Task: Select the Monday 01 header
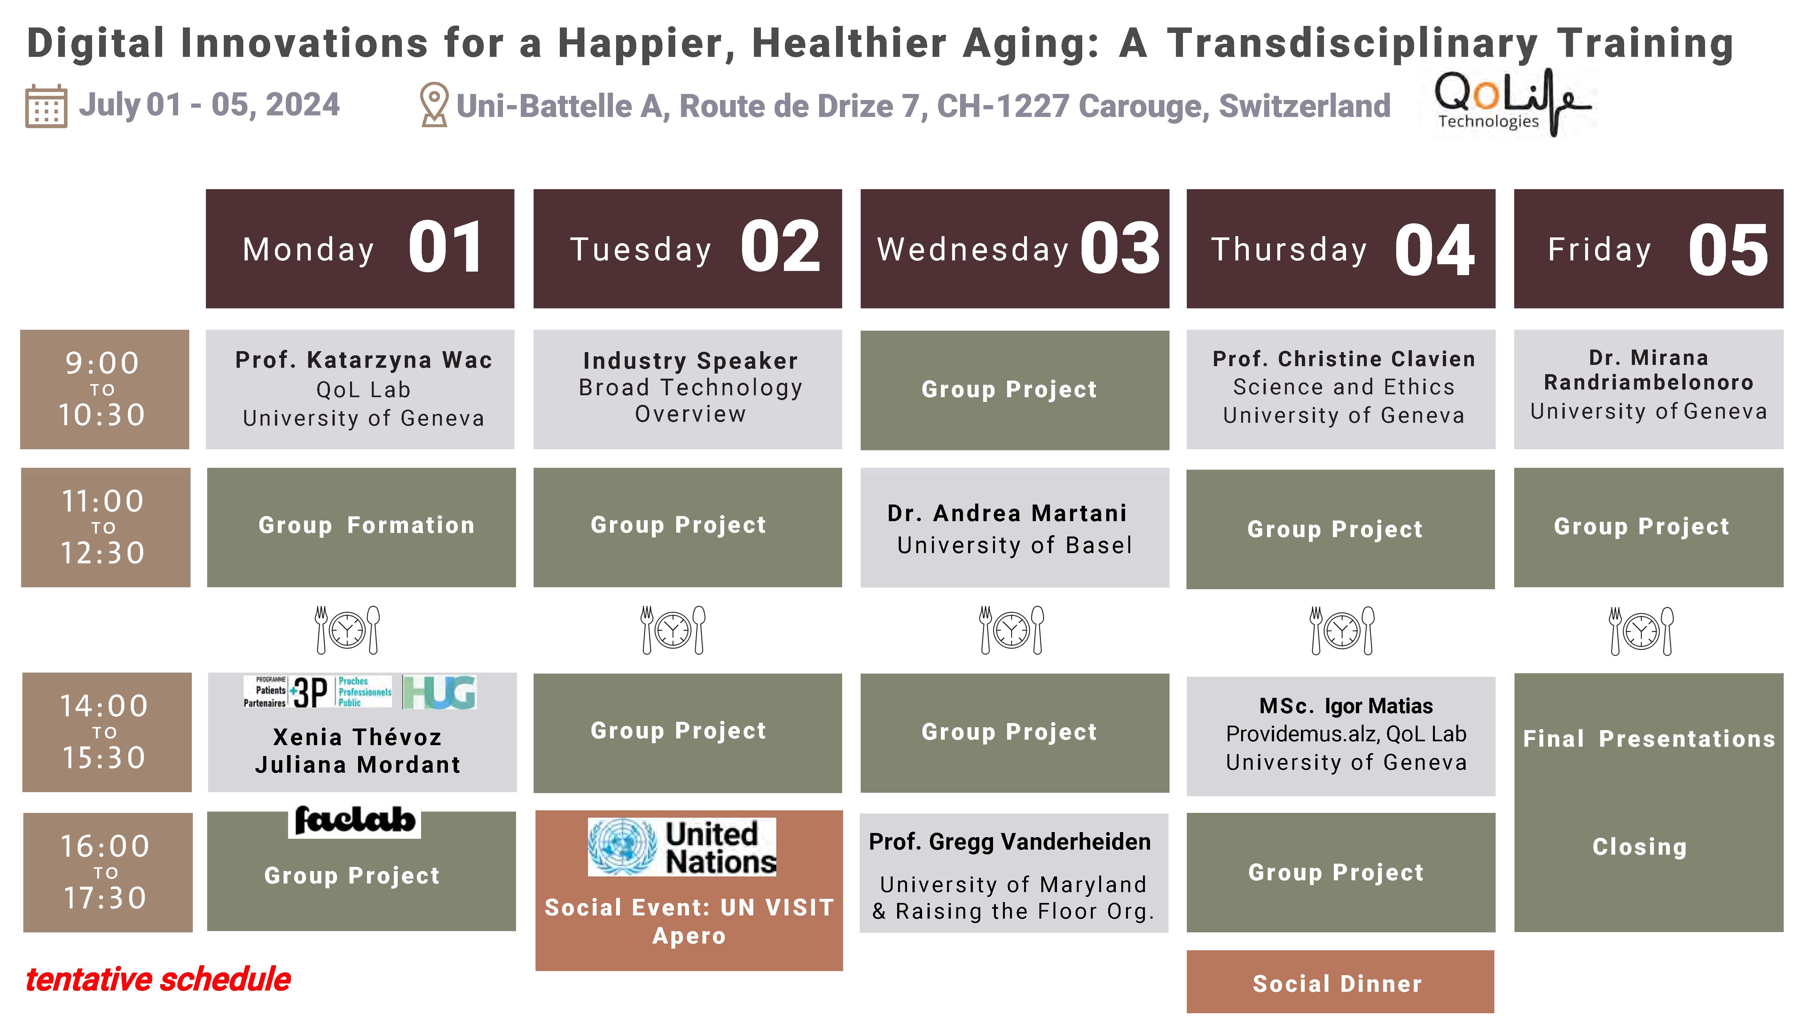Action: coord(360,248)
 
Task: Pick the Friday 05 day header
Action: coord(1649,248)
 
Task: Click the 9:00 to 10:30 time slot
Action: coord(105,389)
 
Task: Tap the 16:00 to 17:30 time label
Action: coord(107,872)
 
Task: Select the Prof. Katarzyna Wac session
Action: coord(360,389)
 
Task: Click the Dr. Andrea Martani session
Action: coord(1015,528)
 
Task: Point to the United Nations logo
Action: coord(682,847)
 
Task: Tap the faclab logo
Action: coord(355,821)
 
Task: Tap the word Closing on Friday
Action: coord(1640,847)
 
